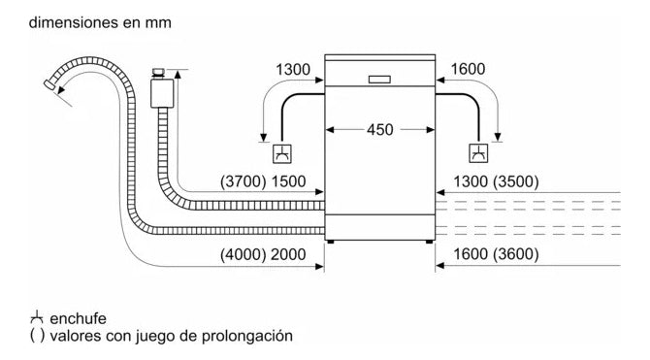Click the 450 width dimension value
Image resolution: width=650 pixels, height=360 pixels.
(379, 129)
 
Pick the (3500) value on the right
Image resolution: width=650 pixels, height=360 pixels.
(517, 182)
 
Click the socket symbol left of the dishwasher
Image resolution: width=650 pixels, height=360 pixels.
(280, 152)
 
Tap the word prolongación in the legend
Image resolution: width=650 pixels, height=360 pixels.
(244, 336)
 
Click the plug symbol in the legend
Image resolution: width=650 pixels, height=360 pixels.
(11, 317)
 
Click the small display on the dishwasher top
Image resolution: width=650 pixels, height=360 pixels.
(379, 79)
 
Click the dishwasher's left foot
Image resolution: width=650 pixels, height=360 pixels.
(332, 241)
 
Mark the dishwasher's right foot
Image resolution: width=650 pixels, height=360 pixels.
(427, 241)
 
